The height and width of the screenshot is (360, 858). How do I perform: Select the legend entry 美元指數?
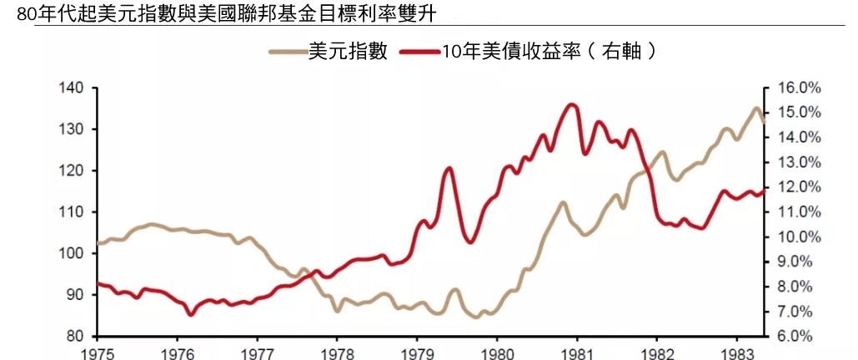pos(348,51)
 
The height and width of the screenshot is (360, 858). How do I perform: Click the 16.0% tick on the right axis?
pos(800,88)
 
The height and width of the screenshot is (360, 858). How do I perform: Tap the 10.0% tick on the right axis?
pos(800,237)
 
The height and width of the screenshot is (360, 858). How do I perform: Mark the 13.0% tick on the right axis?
pos(800,162)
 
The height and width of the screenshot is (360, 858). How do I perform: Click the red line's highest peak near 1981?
pos(571,104)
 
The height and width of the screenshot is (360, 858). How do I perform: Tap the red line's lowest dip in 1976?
pos(191,314)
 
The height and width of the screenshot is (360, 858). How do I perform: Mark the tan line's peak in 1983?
pos(756,108)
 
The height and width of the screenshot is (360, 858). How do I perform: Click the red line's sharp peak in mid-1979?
pos(449,167)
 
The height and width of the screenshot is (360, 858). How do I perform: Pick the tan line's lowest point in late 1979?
pos(476,317)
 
